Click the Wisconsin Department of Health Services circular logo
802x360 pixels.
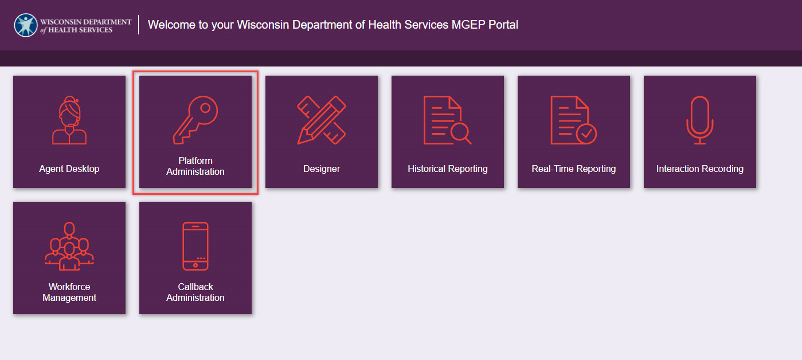[26, 25]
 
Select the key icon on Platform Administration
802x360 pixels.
[195, 120]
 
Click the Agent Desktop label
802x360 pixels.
[69, 169]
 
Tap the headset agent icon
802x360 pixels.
[69, 120]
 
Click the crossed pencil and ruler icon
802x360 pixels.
[322, 120]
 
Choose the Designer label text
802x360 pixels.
[322, 169]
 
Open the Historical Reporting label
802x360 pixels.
[448, 169]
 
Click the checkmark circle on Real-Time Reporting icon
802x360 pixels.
[586, 134]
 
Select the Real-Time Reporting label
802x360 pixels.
[574, 169]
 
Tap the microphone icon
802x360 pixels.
[700, 120]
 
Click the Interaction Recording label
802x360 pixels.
[700, 169]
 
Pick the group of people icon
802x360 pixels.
[69, 246]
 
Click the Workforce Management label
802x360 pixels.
[69, 292]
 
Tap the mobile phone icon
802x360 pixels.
[195, 246]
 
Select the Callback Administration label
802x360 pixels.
[195, 292]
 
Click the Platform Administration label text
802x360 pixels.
[195, 166]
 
